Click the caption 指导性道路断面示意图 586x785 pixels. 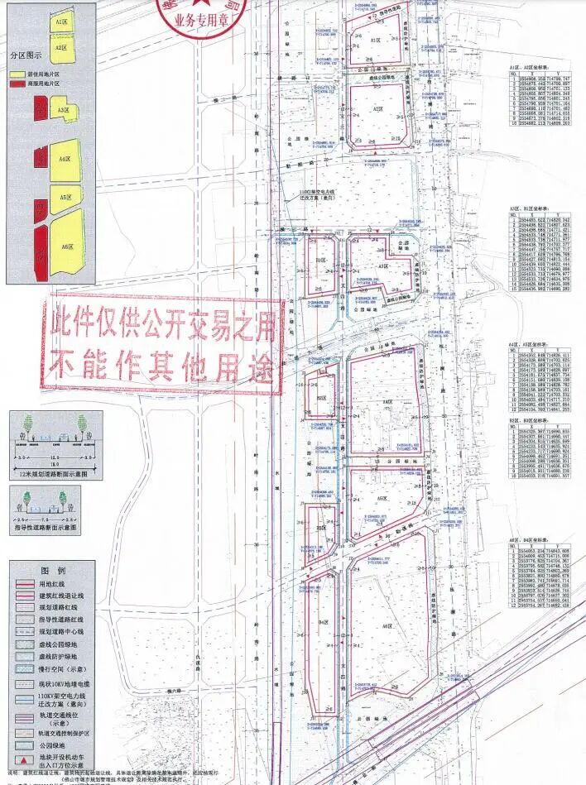point(48,526)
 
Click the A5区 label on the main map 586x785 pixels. point(382,500)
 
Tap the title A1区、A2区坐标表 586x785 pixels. point(530,64)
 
